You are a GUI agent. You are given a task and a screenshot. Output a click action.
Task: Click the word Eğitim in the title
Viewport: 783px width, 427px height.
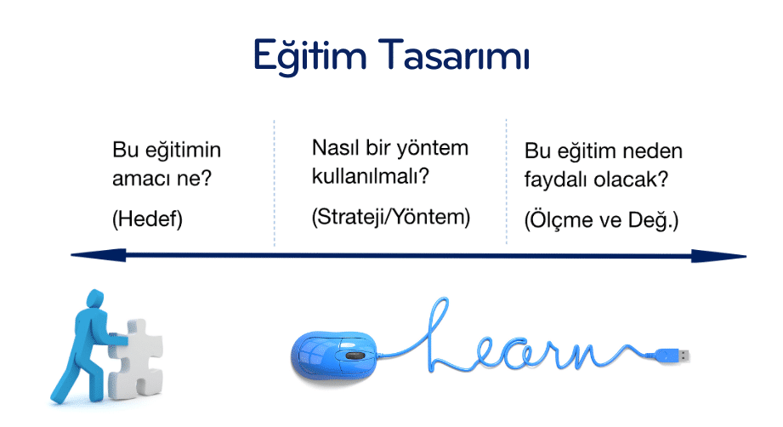coord(309,55)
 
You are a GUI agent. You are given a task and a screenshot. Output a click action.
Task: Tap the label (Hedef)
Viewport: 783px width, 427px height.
coord(147,219)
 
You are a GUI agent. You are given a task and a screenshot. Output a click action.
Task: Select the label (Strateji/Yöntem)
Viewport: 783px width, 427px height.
coord(391,217)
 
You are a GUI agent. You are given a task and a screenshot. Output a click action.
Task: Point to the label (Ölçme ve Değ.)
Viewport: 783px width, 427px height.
coord(601,219)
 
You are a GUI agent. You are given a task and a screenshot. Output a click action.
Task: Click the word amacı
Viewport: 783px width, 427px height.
coord(140,179)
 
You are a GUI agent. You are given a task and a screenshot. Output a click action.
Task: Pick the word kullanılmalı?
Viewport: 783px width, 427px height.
coord(371,176)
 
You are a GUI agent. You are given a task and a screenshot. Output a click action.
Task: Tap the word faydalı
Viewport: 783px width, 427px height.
coord(556,179)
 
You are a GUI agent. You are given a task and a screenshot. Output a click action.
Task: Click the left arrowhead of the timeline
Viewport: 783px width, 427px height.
coord(99,255)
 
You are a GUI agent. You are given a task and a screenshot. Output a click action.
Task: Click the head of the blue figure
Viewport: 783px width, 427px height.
coord(95,299)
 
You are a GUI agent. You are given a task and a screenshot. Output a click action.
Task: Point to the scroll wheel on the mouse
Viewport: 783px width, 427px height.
coord(355,356)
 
